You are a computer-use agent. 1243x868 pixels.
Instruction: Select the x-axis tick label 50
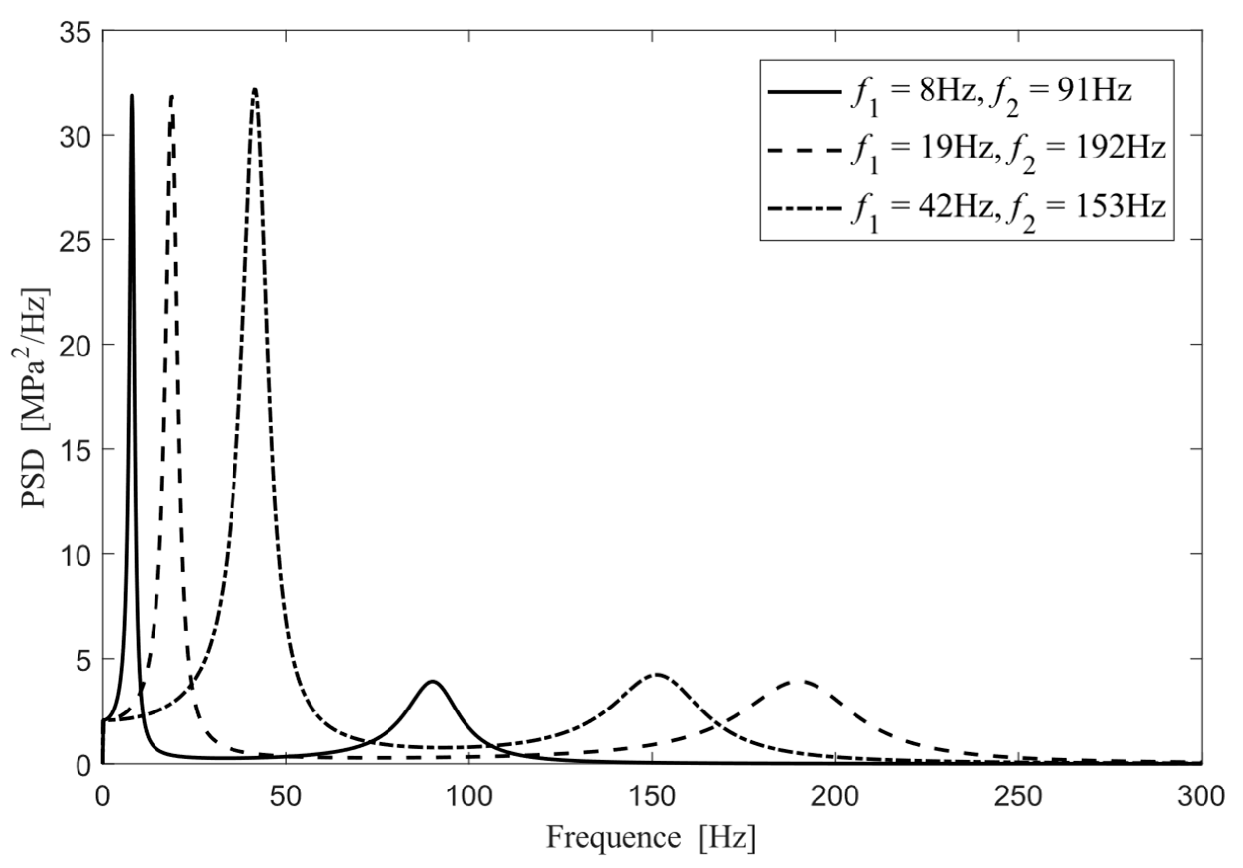point(285,797)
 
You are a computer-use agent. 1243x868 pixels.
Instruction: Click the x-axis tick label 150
point(652,797)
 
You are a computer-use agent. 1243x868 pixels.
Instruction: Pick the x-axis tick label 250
point(1018,797)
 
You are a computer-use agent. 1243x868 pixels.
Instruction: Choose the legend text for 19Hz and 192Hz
point(1007,150)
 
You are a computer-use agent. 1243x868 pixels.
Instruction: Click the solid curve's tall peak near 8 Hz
point(131,96)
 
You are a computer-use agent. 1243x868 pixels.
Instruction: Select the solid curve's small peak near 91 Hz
point(432,682)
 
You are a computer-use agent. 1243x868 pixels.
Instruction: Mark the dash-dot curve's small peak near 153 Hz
point(657,674)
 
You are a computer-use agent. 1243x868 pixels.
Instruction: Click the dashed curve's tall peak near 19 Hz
point(172,97)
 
